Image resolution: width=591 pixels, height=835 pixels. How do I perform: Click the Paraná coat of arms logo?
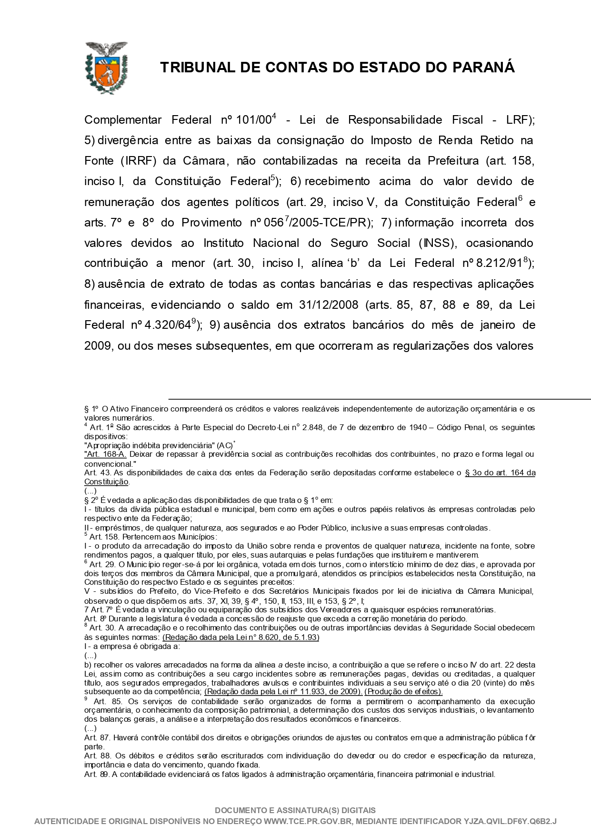(106, 67)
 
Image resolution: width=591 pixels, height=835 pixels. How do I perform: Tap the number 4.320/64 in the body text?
(168, 325)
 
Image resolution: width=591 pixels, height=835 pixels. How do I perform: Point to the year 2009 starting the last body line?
(98, 346)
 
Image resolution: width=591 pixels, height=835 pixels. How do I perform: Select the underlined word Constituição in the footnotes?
(106, 481)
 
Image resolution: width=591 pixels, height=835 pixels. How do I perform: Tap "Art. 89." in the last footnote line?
(97, 774)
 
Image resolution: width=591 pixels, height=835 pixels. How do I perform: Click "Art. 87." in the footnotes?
(97, 737)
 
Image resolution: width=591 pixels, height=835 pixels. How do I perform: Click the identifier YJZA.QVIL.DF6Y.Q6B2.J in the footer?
(510, 821)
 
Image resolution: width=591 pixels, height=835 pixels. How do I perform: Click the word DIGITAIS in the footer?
(359, 810)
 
